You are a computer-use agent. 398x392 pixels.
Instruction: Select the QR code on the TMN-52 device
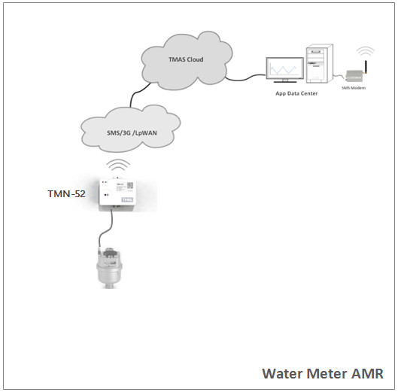pos(129,184)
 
